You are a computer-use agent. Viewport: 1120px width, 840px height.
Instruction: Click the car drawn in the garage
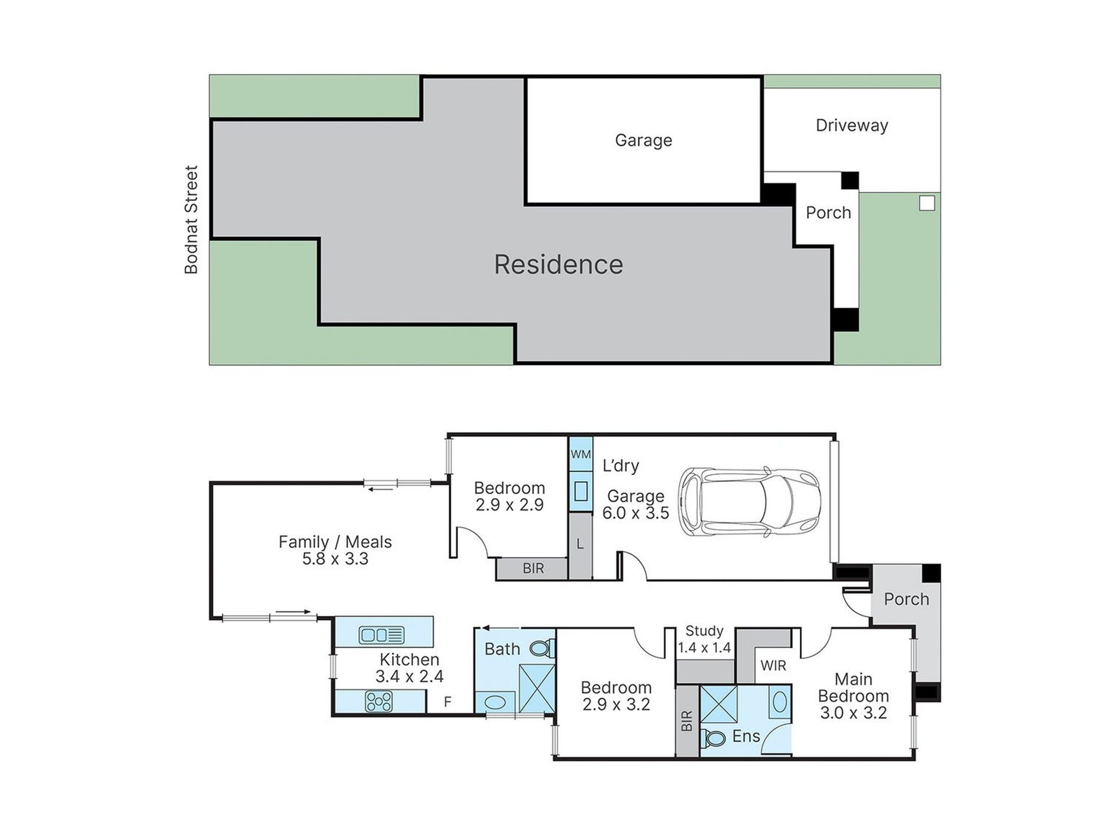749,502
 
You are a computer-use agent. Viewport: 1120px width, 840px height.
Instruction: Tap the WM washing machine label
581,454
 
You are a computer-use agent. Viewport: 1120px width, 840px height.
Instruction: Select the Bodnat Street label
191,220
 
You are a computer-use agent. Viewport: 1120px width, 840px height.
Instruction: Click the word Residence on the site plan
558,265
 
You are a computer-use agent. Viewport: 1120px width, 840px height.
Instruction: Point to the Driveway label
852,126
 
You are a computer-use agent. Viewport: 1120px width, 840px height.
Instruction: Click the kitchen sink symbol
381,635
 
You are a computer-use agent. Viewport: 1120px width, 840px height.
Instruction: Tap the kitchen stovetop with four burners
378,701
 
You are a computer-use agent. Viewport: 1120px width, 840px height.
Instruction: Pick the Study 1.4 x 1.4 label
704,640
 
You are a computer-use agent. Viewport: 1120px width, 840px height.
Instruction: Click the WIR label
773,666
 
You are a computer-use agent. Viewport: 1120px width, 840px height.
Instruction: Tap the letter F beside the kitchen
447,702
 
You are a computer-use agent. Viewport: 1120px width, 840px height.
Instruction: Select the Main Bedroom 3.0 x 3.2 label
853,696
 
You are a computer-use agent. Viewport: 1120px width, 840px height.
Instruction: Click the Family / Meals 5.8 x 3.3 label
335,550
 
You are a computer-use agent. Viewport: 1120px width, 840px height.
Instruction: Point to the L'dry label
621,466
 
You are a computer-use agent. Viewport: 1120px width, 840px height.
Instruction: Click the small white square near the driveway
927,203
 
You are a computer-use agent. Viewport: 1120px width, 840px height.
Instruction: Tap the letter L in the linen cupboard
580,544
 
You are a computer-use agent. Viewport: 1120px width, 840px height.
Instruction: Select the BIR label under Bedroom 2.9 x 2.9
533,568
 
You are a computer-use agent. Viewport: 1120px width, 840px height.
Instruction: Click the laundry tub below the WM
581,491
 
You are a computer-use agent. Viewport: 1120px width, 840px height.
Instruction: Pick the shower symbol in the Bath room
537,688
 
